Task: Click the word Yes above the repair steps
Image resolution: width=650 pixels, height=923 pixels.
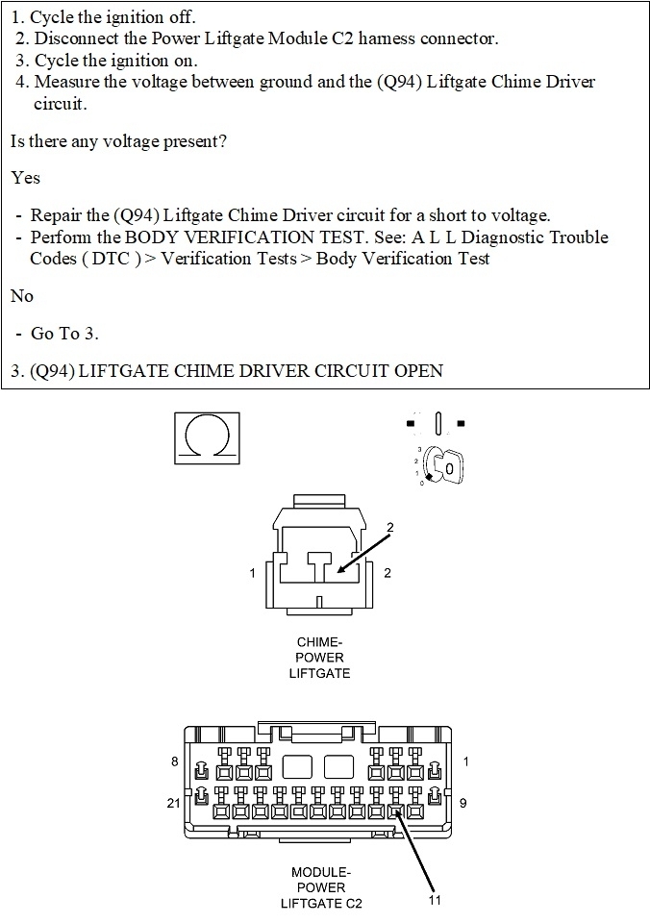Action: coord(25,178)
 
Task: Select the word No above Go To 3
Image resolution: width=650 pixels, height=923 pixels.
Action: coord(21,296)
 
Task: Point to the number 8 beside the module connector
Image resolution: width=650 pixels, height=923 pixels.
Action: coord(174,762)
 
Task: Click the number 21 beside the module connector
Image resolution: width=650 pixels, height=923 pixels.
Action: coord(173,803)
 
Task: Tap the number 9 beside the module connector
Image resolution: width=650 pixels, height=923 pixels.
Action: coord(463,803)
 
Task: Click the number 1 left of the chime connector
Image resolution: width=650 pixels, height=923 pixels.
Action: coord(253,573)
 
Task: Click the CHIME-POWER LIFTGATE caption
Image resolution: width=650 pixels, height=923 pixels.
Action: coord(319,658)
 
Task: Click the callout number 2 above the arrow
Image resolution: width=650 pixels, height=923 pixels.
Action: coord(390,527)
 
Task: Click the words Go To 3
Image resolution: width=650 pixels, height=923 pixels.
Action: coord(64,334)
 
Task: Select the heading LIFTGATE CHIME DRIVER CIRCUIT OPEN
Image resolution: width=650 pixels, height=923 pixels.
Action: coord(260,371)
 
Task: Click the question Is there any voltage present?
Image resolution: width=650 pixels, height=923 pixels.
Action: coord(118,141)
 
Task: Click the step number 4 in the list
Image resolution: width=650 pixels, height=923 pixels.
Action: coord(22,82)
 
